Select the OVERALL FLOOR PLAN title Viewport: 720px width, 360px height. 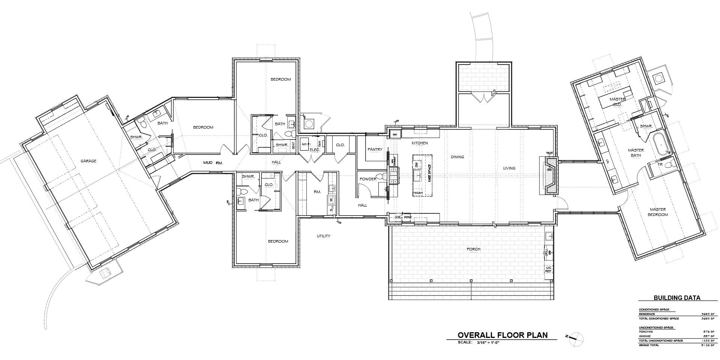(x=502, y=335)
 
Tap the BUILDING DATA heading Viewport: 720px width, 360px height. (x=677, y=298)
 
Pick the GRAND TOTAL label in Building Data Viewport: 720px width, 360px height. (x=649, y=345)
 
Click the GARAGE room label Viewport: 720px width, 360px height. (x=88, y=161)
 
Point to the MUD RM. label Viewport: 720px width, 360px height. (x=213, y=163)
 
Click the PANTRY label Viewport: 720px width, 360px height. (x=375, y=149)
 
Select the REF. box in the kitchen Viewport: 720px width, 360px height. (x=395, y=134)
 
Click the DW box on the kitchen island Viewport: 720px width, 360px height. (x=416, y=165)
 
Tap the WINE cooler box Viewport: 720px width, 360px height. (x=408, y=217)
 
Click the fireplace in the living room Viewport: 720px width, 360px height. (x=549, y=175)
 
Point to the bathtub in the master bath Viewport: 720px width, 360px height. (x=661, y=144)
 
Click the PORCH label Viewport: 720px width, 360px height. (x=473, y=249)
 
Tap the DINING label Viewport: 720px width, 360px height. (x=457, y=157)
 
